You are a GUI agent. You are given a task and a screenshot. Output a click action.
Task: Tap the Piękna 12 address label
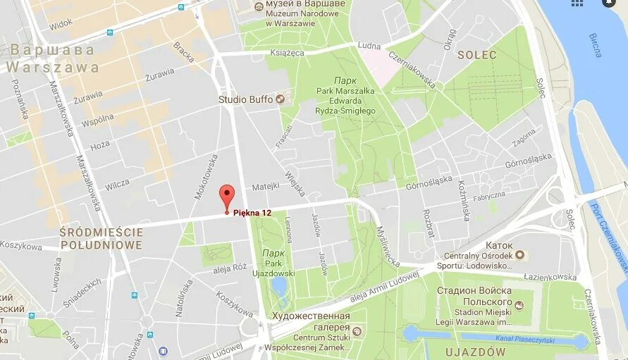[x=252, y=213]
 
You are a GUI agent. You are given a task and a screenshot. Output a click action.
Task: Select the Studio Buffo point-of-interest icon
[x=280, y=99]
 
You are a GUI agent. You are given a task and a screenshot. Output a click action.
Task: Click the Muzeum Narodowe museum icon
[x=259, y=7]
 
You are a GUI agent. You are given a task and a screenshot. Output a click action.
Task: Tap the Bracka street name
[x=184, y=52]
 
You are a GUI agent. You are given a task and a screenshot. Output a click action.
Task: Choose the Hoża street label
[x=100, y=146]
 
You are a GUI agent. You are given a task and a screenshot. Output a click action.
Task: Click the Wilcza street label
[x=117, y=185]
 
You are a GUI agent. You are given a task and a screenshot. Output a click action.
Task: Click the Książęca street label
[x=287, y=52]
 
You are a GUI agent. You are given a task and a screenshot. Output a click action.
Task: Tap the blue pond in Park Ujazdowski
[x=279, y=286]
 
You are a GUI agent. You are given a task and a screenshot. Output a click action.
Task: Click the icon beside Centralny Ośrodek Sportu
[x=520, y=255]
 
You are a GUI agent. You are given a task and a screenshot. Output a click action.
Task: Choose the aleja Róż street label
[x=230, y=268]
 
